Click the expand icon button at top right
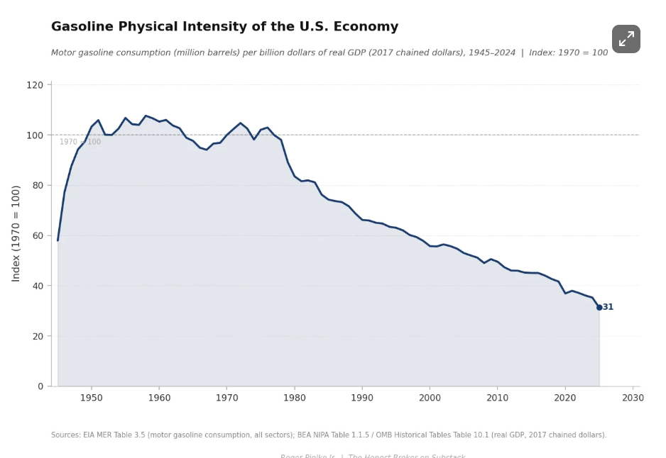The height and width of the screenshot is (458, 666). point(626,39)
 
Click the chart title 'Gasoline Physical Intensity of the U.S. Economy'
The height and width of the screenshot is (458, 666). point(224,27)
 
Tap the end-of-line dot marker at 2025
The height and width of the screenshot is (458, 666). point(599,308)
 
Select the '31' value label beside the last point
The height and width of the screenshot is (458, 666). point(608,308)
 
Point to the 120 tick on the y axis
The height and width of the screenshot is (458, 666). point(35,85)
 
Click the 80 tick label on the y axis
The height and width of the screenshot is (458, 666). point(37,186)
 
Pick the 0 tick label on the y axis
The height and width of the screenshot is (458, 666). point(40,386)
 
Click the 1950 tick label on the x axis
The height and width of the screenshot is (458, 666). point(91,398)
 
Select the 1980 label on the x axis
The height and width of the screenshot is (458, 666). point(294,398)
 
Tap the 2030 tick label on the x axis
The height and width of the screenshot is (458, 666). point(633,398)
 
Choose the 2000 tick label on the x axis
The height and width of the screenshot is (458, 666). point(430,398)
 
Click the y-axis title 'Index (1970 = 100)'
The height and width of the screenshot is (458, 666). point(16,233)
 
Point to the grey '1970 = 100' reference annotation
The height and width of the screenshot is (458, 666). point(80,142)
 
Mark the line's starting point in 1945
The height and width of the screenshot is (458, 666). point(58,240)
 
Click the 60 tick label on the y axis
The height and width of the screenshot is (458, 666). point(37,236)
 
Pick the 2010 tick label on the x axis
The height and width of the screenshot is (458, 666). point(497,398)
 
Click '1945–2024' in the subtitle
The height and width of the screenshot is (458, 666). point(492,53)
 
